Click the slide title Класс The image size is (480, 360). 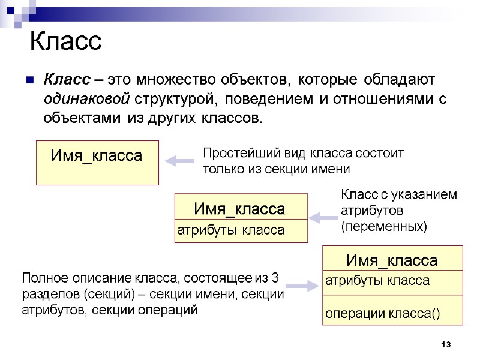pos(66,42)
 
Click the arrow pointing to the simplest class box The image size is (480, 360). pos(178,161)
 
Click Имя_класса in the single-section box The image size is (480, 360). pos(97,156)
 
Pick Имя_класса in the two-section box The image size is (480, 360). pos(239,209)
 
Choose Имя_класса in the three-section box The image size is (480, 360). pos(391,260)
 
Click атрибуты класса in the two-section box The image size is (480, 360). pos(230,230)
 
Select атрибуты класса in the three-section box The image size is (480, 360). pos(377,281)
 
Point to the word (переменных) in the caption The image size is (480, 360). pos(384,227)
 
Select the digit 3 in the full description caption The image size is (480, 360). pos(275,278)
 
